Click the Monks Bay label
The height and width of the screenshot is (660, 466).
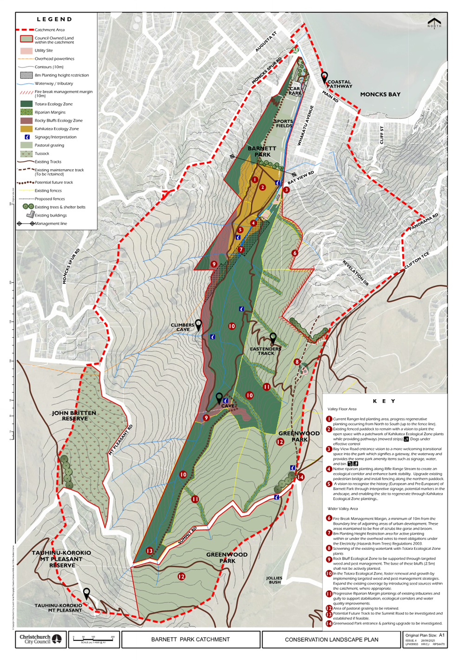click(x=380, y=94)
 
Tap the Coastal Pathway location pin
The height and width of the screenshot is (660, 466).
click(x=325, y=77)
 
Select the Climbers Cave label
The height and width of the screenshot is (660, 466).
click(x=183, y=327)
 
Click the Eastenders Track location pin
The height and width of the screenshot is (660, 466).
click(x=273, y=338)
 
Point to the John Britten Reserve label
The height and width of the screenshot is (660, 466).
click(x=74, y=416)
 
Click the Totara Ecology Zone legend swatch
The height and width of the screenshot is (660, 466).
click(x=26, y=104)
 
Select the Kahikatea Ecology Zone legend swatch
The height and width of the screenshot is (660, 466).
click(x=26, y=129)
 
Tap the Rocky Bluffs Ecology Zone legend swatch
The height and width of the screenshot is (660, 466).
click(x=26, y=120)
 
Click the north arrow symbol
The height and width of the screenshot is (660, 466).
click(x=434, y=23)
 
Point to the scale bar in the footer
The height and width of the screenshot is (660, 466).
click(x=93, y=640)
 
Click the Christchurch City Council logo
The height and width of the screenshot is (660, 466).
click(x=41, y=639)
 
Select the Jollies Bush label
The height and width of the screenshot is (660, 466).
click(x=274, y=580)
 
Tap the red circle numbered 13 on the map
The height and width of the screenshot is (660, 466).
click(x=150, y=551)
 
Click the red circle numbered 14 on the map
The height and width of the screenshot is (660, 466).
click(x=301, y=477)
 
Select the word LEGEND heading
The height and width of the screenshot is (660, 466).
click(x=54, y=20)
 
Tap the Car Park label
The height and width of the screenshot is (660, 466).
click(x=295, y=91)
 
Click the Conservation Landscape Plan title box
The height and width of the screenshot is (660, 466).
click(x=331, y=640)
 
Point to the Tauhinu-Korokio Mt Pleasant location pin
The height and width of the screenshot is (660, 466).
click(x=86, y=594)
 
